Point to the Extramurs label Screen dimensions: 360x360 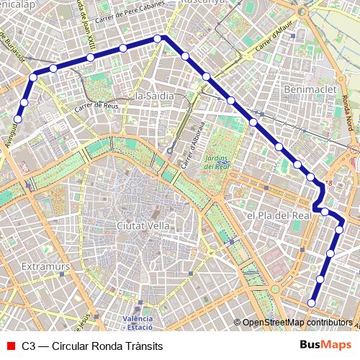pyautogui.click(x=45, y=267)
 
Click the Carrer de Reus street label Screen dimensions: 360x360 pyautogui.click(x=94, y=107)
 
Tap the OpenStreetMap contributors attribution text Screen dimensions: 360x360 pyautogui.click(x=296, y=323)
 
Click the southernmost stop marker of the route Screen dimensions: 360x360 pyautogui.click(x=312, y=302)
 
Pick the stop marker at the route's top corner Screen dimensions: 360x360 pyautogui.click(x=158, y=40)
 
